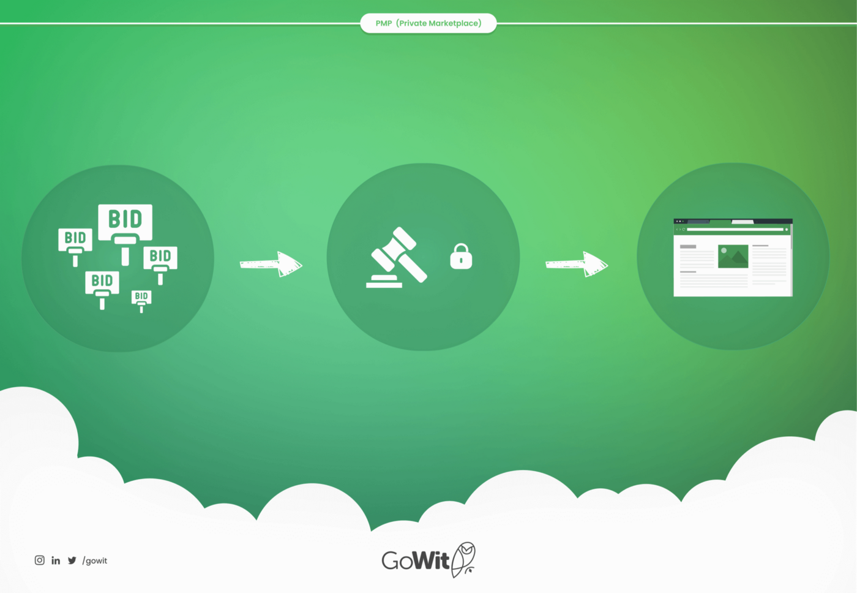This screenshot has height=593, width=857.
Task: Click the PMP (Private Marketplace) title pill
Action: point(428,23)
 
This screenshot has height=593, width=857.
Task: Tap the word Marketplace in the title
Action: point(454,23)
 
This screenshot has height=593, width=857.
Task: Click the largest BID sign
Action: point(125,222)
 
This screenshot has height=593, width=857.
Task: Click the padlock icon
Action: point(461,257)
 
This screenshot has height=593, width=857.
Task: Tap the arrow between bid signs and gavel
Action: point(271,264)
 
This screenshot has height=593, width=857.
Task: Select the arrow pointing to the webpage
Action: point(577,264)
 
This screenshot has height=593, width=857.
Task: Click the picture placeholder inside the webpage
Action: point(733,256)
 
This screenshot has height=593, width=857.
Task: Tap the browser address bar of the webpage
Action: point(734,229)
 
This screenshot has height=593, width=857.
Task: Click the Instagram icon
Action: point(40,560)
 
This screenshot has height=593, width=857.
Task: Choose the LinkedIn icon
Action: point(56,560)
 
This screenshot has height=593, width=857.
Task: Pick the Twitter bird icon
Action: point(72,560)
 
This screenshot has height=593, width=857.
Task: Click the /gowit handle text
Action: point(95,561)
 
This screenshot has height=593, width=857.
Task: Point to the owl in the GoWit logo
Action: point(464,559)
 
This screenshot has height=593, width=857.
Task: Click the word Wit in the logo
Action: point(432,560)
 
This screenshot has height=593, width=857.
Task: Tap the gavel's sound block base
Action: point(384,282)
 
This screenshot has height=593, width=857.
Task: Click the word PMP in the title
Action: point(383,23)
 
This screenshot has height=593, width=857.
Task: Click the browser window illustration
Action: point(733,257)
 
